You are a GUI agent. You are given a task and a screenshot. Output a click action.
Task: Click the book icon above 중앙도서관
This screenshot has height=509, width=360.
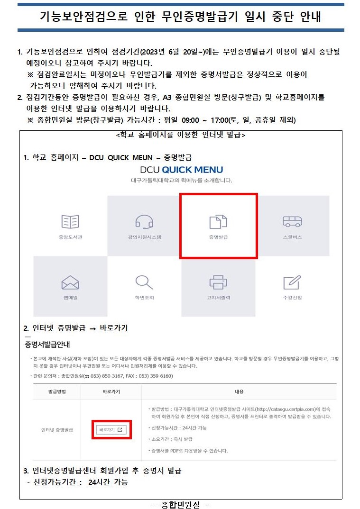tap(70, 222)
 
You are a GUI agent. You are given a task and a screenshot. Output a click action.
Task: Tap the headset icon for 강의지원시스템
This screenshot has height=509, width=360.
tap(144, 222)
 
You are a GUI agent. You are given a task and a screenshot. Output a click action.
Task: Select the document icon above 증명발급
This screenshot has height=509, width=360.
tap(218, 222)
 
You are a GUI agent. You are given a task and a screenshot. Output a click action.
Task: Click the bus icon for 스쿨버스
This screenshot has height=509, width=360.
tap(293, 221)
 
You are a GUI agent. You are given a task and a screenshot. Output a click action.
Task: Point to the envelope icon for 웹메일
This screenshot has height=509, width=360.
tap(70, 282)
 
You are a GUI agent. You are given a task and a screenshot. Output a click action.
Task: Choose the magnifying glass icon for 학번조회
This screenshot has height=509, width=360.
tap(144, 282)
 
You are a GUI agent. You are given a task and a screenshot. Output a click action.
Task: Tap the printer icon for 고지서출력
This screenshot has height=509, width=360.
tap(218, 282)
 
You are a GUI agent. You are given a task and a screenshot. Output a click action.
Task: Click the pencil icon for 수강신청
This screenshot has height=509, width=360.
tap(292, 282)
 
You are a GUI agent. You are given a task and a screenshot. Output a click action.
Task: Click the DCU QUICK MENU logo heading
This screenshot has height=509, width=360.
tap(182, 170)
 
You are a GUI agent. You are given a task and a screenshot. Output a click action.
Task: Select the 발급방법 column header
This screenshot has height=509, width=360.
tap(57, 392)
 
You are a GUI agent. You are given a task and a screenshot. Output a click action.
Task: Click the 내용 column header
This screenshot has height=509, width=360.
tap(239, 392)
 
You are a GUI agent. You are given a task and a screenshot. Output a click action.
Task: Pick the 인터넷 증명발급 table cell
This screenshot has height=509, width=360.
tap(57, 430)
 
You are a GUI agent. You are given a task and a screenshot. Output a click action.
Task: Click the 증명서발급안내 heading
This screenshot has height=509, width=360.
tap(47, 345)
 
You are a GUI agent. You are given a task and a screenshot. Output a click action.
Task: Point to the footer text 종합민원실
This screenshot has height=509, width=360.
tap(181, 504)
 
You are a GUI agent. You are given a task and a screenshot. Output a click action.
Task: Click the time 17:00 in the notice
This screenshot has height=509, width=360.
tap(220, 120)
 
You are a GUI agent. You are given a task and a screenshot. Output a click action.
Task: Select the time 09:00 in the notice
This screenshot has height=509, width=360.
tap(190, 120)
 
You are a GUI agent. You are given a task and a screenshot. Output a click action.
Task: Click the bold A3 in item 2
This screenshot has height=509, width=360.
tap(167, 97)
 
